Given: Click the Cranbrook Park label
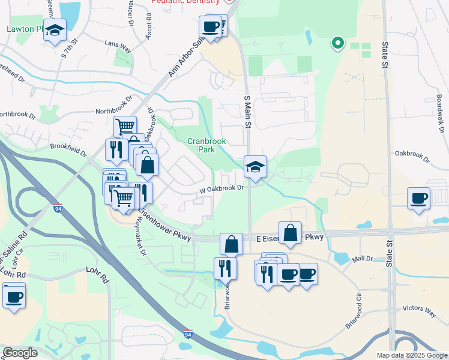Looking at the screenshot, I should click(206, 145).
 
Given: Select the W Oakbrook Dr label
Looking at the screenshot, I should click(221, 188).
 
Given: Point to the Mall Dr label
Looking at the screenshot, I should click(363, 258).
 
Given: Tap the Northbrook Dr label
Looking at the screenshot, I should click(114, 111).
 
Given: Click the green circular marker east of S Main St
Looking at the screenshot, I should click(337, 43).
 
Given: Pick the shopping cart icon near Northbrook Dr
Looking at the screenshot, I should click(125, 126).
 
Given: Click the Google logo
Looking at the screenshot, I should click(19, 353).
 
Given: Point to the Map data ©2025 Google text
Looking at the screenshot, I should click(412, 355).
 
